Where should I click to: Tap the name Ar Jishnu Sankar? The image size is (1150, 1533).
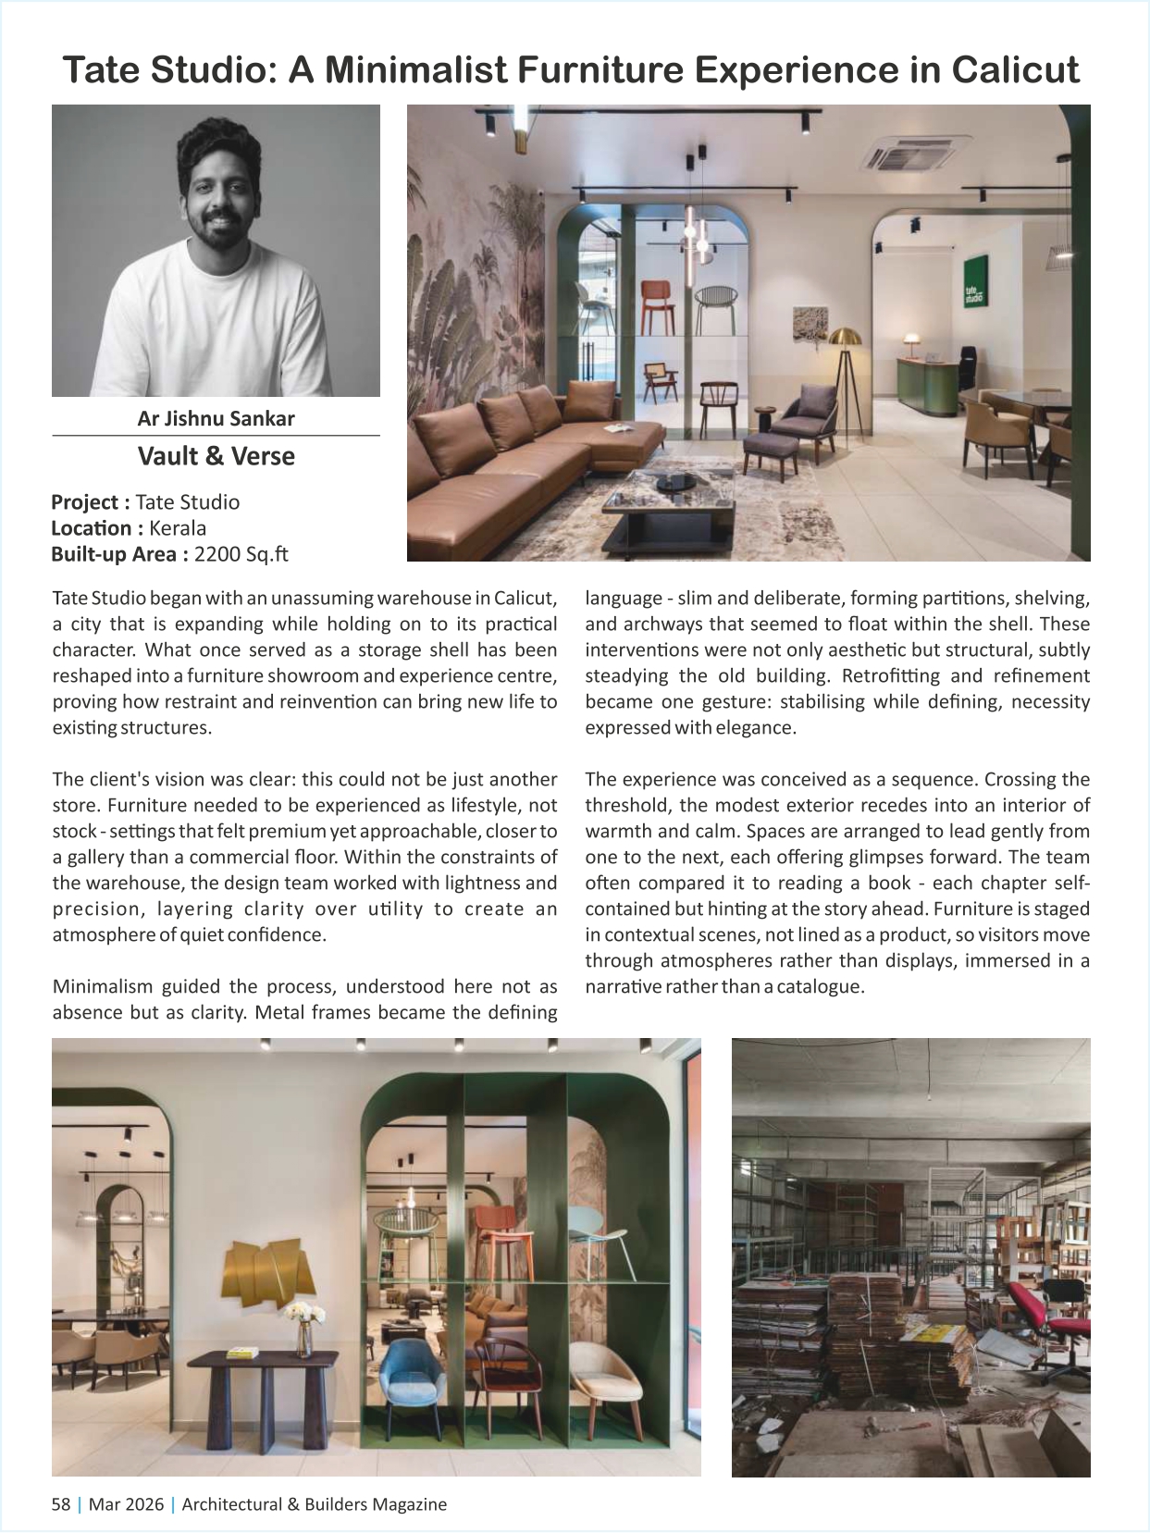pyautogui.click(x=216, y=418)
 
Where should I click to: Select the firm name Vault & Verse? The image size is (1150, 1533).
pyautogui.click(x=216, y=456)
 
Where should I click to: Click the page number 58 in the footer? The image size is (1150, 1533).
pyautogui.click(x=61, y=1504)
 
